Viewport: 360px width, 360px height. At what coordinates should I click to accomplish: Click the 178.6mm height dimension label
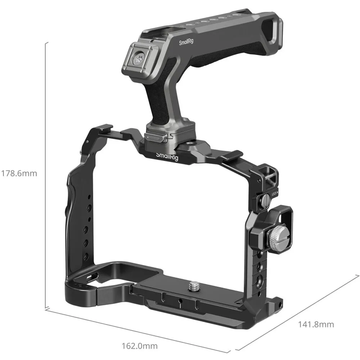click(19, 173)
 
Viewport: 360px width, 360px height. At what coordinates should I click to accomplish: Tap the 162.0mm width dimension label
click(140, 346)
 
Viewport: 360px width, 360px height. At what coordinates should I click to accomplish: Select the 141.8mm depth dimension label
click(316, 324)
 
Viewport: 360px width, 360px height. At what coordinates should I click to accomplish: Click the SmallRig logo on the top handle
click(186, 42)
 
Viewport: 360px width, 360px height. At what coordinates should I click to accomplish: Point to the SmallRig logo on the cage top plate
click(167, 157)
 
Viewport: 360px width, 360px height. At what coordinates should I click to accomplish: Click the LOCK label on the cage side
click(274, 194)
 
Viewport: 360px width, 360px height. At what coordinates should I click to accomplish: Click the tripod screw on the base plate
click(192, 286)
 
